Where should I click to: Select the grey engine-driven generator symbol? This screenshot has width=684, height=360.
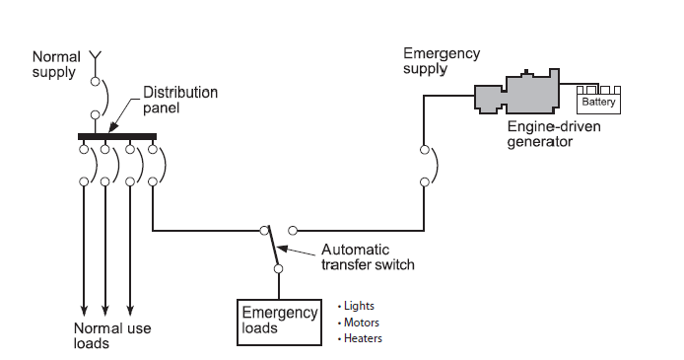point(517,92)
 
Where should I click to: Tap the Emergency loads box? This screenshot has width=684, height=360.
point(279,323)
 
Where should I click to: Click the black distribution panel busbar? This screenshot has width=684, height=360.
point(117,136)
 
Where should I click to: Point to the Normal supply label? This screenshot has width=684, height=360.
point(56,64)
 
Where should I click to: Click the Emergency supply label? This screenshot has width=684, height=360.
point(442,60)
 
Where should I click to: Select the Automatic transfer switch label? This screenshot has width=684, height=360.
point(368,257)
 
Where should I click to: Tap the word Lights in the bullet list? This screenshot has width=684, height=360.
point(359,306)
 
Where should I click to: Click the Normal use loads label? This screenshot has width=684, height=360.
point(112,335)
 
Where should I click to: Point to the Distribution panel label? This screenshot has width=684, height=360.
point(180,100)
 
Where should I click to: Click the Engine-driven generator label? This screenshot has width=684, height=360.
point(554,134)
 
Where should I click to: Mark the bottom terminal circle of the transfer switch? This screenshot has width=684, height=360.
point(278,269)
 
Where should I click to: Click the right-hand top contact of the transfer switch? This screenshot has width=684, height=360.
point(293,231)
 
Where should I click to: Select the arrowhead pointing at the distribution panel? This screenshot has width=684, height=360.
point(112,127)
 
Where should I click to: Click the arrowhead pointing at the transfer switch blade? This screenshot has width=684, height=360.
point(282,249)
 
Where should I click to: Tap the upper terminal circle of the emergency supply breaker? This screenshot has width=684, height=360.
point(425,150)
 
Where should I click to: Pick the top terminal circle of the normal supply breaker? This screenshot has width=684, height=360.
point(95,81)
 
